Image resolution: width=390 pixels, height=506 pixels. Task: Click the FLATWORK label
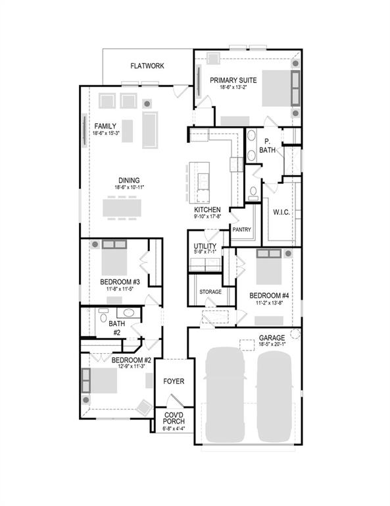pyautogui.click(x=147, y=66)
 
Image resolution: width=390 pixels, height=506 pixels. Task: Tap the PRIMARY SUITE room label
pyautogui.click(x=233, y=80)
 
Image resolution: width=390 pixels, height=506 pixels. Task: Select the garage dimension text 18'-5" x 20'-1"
pyautogui.click(x=272, y=344)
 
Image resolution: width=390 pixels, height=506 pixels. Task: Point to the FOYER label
pyautogui.click(x=174, y=381)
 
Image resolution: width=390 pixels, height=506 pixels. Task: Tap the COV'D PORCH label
pyautogui.click(x=174, y=418)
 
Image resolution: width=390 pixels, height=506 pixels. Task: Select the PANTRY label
pyautogui.click(x=241, y=229)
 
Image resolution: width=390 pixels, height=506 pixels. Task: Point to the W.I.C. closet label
pyautogui.click(x=281, y=211)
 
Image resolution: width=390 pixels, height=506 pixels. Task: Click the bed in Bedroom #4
pyautogui.click(x=270, y=270)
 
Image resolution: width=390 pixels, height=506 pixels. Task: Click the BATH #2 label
pyautogui.click(x=116, y=327)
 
